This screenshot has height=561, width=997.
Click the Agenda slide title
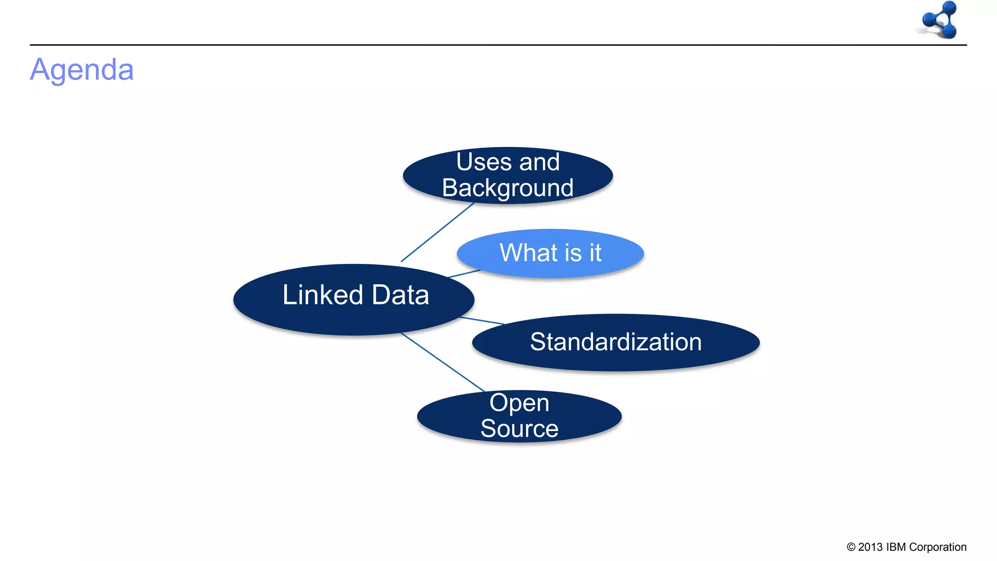(x=82, y=70)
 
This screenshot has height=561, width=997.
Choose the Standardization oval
(x=615, y=342)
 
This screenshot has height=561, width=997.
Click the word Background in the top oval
(x=508, y=188)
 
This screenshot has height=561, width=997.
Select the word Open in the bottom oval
(x=519, y=403)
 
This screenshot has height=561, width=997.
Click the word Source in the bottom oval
(x=519, y=429)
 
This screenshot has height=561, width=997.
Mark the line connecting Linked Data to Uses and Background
(x=437, y=232)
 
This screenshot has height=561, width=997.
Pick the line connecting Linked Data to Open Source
(x=442, y=362)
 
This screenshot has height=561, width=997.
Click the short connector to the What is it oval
(x=464, y=274)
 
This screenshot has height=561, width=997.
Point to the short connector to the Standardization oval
(x=482, y=320)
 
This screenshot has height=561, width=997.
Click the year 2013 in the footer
(x=870, y=547)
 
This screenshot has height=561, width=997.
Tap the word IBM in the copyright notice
(x=896, y=547)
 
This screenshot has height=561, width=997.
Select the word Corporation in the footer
(x=938, y=547)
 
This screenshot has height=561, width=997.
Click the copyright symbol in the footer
(x=851, y=547)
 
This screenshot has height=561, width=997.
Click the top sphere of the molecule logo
(x=949, y=7)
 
